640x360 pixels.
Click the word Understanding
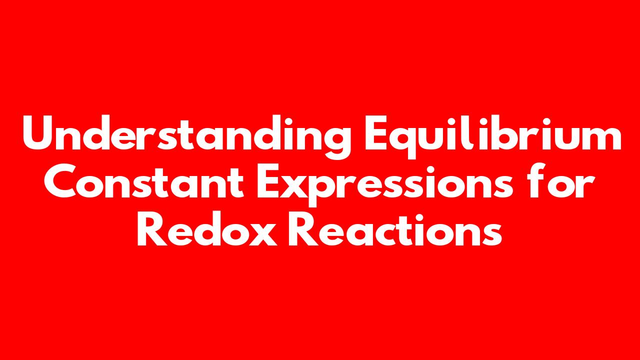tap(187, 136)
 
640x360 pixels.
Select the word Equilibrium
tap(493, 136)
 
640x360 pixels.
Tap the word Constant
tap(143, 181)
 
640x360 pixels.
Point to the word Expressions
tap(384, 185)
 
